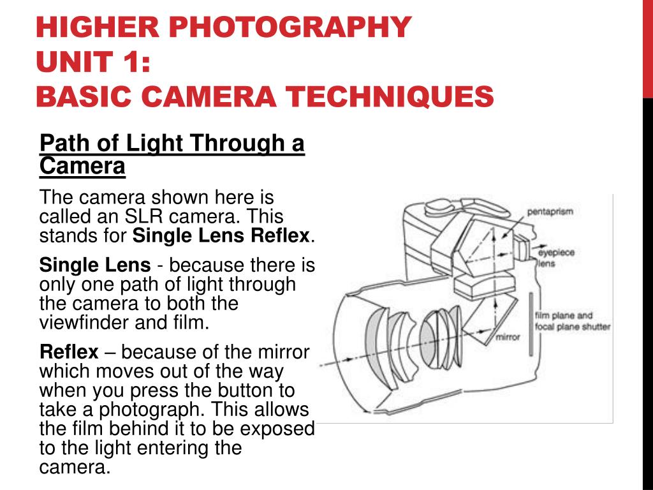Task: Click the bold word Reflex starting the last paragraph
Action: [x=69, y=352]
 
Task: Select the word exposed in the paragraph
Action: [x=277, y=428]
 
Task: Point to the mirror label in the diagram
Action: [x=508, y=336]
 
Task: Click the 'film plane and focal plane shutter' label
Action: [x=572, y=321]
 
